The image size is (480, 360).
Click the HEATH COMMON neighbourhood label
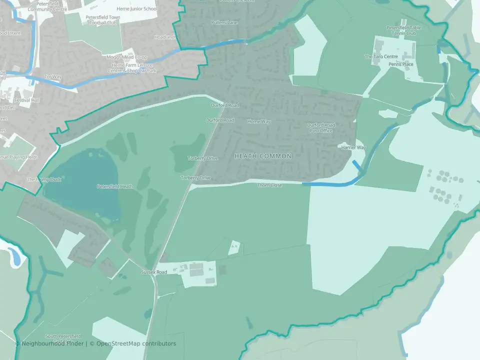click(263, 156)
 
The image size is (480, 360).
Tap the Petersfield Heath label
click(115, 186)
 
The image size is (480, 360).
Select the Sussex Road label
click(153, 272)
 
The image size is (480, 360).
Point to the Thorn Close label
click(269, 185)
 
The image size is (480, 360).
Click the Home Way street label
click(258, 121)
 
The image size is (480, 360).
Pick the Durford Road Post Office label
click(321, 127)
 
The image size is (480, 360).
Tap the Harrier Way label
click(353, 148)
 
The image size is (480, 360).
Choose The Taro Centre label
click(381, 57)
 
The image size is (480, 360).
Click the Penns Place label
click(401, 64)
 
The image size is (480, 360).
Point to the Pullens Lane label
click(224, 22)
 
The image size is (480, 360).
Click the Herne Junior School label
click(136, 9)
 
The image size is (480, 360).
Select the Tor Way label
click(52, 77)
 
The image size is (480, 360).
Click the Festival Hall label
click(27, 100)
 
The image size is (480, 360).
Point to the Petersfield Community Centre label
click(47, 6)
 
